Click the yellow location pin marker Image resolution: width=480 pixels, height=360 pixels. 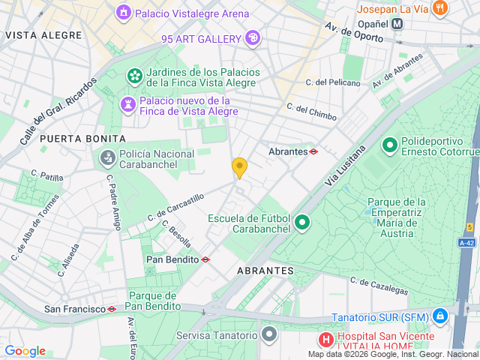click(x=239, y=167)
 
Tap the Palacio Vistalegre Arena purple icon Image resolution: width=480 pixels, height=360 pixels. click(x=123, y=13)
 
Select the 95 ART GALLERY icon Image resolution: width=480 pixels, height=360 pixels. click(x=253, y=38)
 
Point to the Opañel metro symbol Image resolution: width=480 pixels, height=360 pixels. click(x=397, y=24)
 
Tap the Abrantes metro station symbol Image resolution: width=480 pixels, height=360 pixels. click(x=313, y=151)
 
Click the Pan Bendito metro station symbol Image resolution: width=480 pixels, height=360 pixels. click(x=205, y=259)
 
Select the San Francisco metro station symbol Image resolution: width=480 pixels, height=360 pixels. click(x=112, y=309)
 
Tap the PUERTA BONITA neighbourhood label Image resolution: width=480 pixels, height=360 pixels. click(x=83, y=139)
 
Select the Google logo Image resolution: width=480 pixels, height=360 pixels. click(x=25, y=351)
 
